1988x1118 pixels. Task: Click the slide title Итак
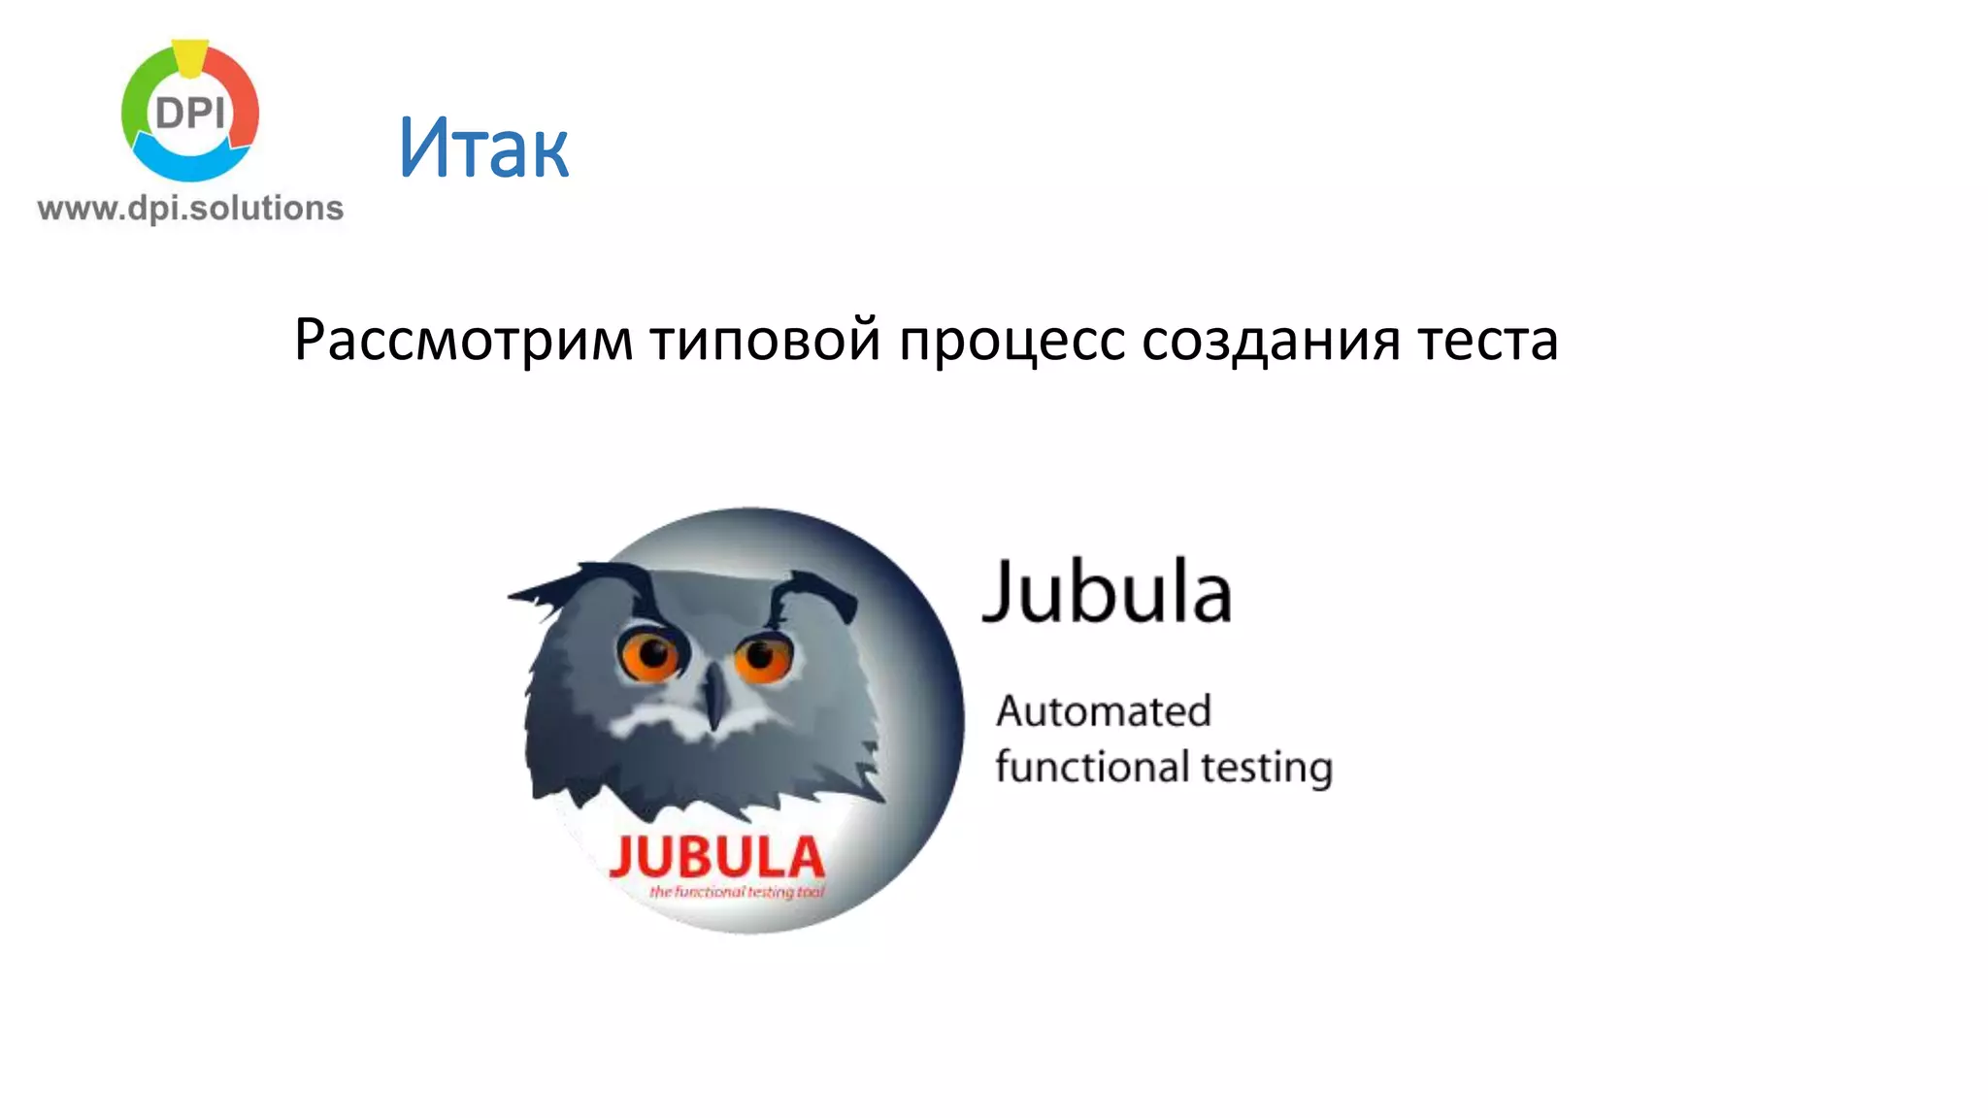click(x=482, y=148)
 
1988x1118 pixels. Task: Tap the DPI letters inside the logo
click(x=190, y=114)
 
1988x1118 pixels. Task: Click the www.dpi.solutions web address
click(x=190, y=209)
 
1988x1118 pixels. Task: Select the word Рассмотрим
click(x=463, y=341)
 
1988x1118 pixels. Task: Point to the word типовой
click(x=765, y=341)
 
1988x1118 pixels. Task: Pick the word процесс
click(x=1011, y=341)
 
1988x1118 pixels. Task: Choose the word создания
click(x=1271, y=341)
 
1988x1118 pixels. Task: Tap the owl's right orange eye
click(x=764, y=657)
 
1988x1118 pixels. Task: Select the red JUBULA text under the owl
click(x=716, y=857)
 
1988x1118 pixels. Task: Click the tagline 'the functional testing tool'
click(x=737, y=892)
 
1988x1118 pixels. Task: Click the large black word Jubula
click(x=1108, y=591)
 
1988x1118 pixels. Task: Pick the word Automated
click(x=1104, y=711)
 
